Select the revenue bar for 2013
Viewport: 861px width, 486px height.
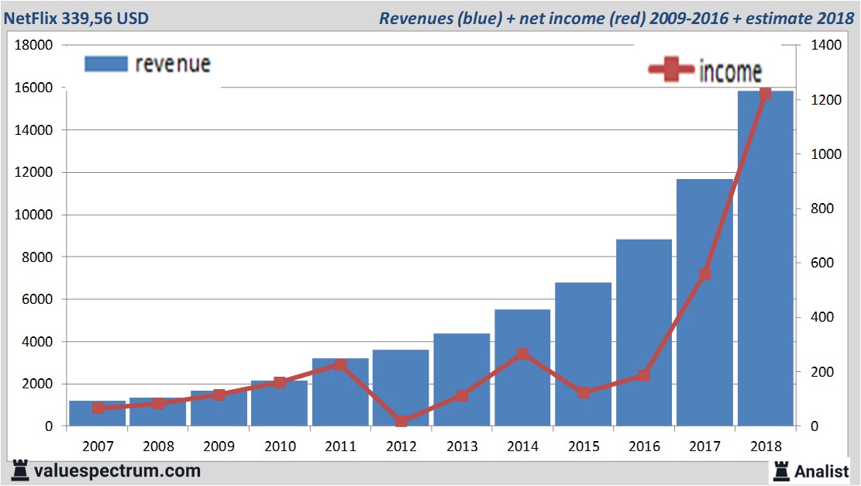tap(462, 380)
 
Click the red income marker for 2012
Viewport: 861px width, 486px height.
tap(401, 421)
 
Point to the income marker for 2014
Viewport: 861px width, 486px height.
tap(522, 354)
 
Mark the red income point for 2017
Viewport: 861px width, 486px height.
tap(704, 274)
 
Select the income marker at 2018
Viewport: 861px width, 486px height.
tap(766, 94)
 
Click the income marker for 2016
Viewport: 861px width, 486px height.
tap(643, 375)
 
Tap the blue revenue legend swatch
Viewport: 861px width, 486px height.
tap(105, 64)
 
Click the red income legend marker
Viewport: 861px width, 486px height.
tap(671, 71)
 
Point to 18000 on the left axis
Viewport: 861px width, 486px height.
tap(34, 45)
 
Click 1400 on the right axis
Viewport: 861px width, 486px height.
tap(826, 45)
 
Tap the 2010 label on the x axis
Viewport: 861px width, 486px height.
tap(280, 446)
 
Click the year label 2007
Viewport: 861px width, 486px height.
tap(98, 446)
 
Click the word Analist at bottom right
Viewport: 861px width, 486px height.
tap(822, 470)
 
